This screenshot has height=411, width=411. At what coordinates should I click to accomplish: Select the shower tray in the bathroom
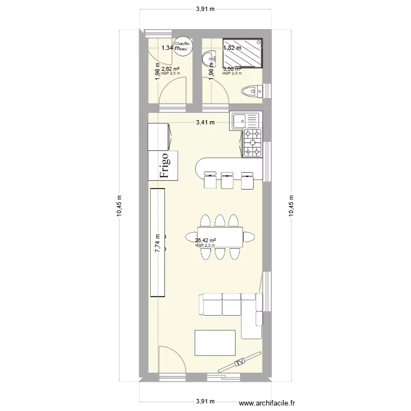tap(243, 53)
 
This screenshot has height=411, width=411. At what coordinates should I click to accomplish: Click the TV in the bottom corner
tap(239, 363)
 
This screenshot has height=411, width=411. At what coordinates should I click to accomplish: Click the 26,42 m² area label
tap(206, 240)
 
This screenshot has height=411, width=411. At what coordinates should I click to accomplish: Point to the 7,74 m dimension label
tap(158, 242)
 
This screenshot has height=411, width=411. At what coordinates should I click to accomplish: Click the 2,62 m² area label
tap(171, 69)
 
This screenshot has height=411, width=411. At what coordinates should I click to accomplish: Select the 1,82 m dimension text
tap(232, 48)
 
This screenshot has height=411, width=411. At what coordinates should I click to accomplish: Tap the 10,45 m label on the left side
tap(119, 206)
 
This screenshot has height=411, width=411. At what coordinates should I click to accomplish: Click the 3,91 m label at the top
tap(205, 9)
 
